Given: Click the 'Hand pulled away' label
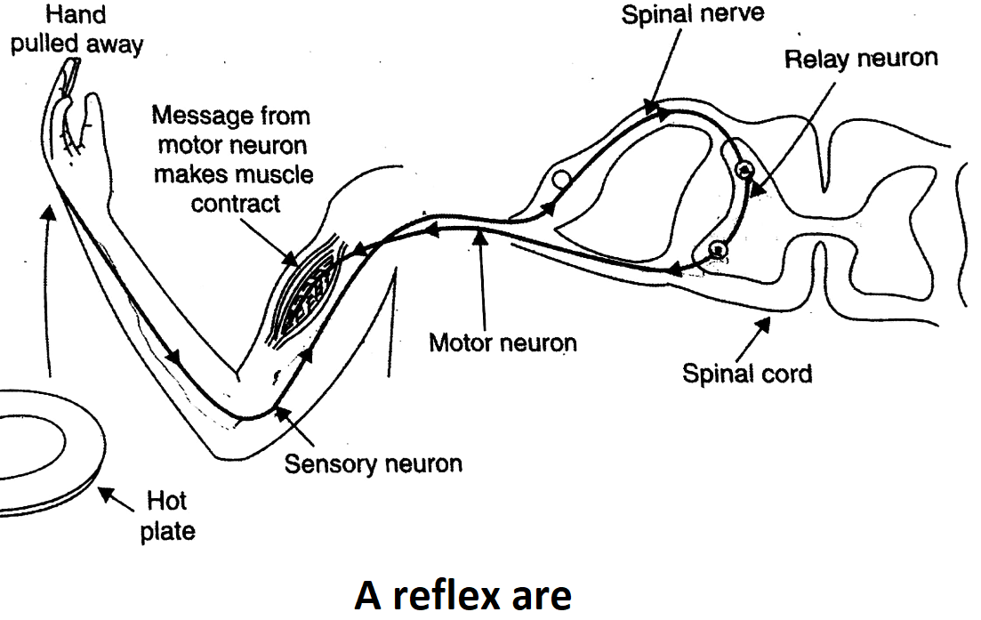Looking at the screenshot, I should tap(76, 28).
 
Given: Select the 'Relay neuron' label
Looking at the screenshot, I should tap(861, 60).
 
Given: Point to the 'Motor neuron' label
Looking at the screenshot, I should tap(503, 342).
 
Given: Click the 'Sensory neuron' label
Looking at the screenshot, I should tap(374, 463).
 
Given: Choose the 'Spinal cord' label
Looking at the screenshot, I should tap(747, 372).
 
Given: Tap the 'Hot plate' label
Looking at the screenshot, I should tap(167, 518).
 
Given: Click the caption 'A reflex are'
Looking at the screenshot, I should tap(462, 594).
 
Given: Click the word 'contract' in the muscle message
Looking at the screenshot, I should tap(236, 203).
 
